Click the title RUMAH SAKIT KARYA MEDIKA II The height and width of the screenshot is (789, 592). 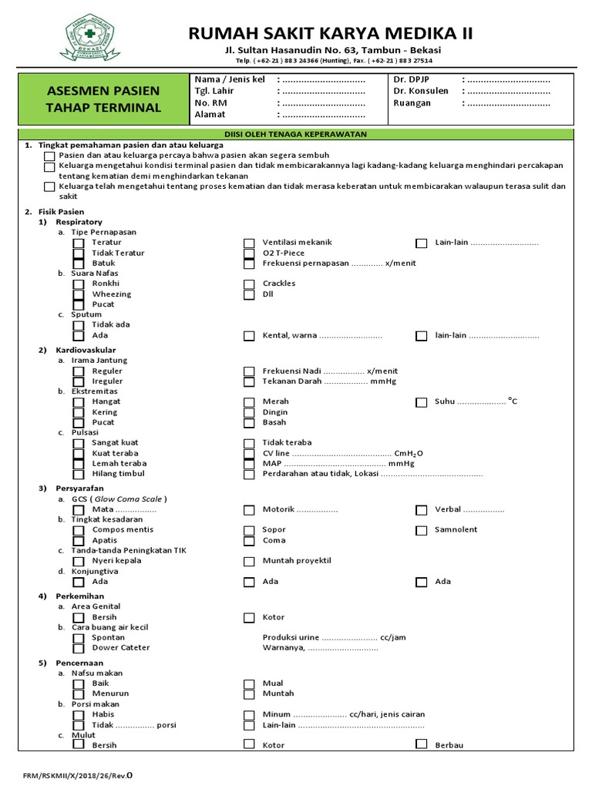(x=332, y=33)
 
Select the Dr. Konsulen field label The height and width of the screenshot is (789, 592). (x=421, y=91)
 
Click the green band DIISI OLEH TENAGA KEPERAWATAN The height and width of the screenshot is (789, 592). (x=295, y=134)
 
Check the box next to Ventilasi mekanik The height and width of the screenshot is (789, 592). (x=249, y=243)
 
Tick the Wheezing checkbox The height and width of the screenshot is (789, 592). (x=79, y=294)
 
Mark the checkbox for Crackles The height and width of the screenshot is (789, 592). (x=249, y=284)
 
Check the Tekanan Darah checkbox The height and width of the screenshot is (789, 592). (x=249, y=381)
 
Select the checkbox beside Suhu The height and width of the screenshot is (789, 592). (x=421, y=402)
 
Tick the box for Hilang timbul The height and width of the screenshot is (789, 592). (x=79, y=474)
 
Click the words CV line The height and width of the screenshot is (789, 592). (x=277, y=453)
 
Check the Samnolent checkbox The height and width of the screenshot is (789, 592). (x=421, y=530)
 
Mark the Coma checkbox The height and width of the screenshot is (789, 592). (x=249, y=541)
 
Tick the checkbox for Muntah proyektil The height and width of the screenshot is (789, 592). (x=249, y=561)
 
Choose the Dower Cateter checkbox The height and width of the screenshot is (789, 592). (x=79, y=648)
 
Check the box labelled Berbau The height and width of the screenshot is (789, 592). (x=421, y=744)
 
